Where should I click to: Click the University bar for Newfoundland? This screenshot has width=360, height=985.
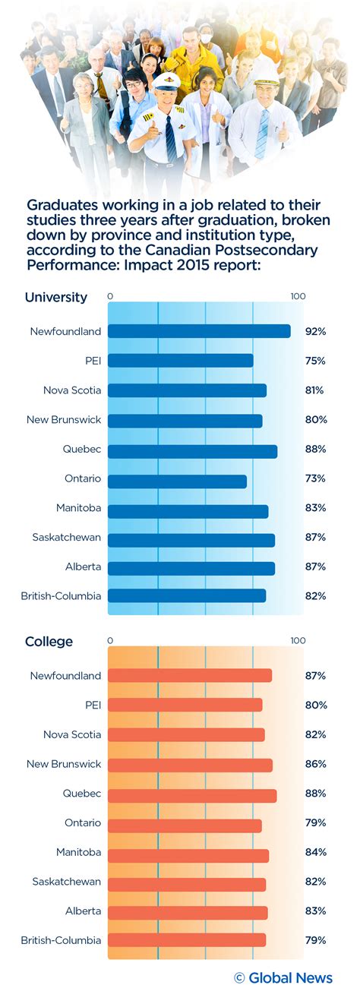(x=199, y=331)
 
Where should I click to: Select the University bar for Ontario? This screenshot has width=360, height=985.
(x=177, y=481)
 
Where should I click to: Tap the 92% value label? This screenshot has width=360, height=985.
(x=315, y=331)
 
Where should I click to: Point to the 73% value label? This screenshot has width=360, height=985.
(x=315, y=478)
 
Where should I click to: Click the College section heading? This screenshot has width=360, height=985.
(x=49, y=642)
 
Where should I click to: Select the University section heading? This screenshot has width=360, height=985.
(x=55, y=297)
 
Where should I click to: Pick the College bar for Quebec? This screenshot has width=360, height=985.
(x=192, y=796)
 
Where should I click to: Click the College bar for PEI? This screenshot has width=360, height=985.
(x=185, y=705)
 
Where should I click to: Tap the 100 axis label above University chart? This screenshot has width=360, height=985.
(x=297, y=296)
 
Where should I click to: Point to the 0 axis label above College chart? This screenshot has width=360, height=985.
(x=111, y=640)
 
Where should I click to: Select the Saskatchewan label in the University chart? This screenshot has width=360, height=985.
(x=66, y=537)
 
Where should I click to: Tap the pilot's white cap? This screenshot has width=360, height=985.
(x=167, y=81)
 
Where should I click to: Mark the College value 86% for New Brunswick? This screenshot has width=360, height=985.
(x=315, y=764)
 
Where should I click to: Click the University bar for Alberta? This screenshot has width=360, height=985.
(x=191, y=568)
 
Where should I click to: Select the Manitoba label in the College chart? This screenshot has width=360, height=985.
(x=78, y=852)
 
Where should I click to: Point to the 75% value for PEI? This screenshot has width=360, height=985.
(x=315, y=361)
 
